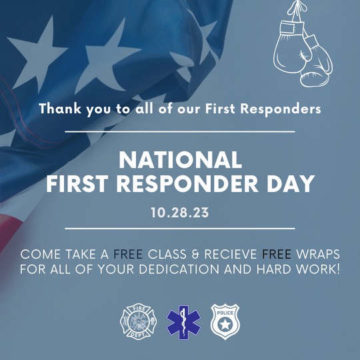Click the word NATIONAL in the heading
(180, 160)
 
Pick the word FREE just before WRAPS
(277, 255)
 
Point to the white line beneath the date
(180, 229)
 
